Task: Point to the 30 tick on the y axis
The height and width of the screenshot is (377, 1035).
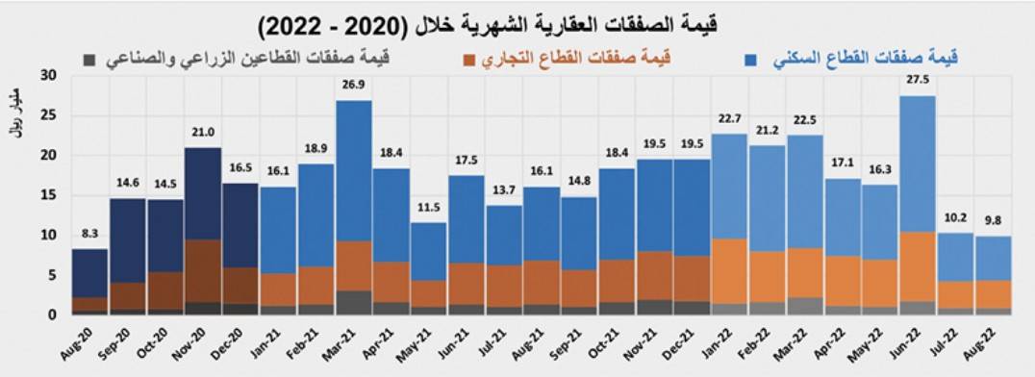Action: (49, 75)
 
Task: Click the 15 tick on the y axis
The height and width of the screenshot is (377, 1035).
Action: (49, 195)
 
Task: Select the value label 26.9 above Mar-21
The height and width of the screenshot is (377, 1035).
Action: (353, 87)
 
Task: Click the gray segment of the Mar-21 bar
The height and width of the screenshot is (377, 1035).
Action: (353, 302)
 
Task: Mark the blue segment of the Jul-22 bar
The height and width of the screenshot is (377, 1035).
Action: (955, 257)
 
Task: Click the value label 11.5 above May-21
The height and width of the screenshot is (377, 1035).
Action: (428, 210)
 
